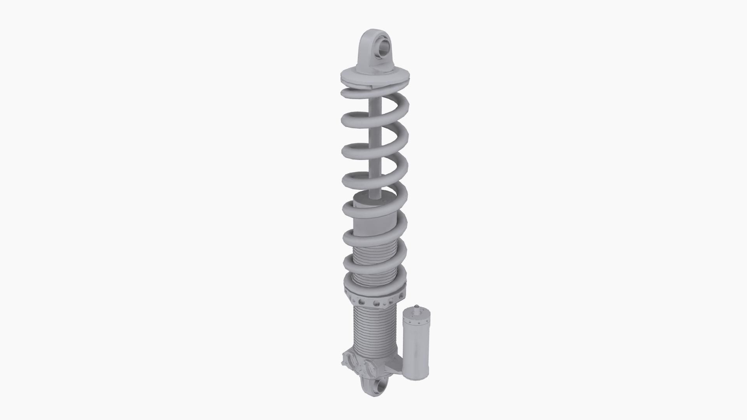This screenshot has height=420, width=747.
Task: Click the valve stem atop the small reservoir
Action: click(x=416, y=307)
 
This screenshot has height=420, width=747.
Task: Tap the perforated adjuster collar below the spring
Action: click(x=373, y=299)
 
